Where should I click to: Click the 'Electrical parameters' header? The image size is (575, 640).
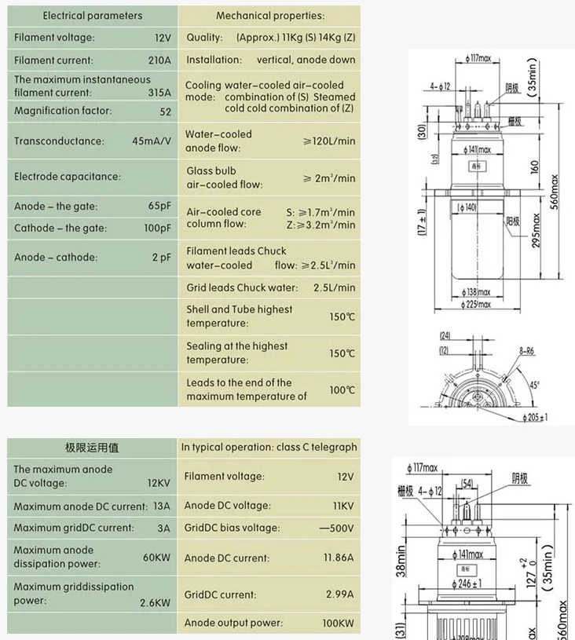click(93, 16)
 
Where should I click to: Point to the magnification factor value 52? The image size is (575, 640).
click(165, 112)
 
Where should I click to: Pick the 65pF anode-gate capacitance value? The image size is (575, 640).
click(159, 207)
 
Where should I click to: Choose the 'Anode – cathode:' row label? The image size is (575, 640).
click(56, 257)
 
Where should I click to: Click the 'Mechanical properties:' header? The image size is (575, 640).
click(269, 16)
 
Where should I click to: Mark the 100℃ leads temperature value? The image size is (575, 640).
click(342, 389)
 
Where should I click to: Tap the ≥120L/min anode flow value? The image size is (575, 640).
click(329, 141)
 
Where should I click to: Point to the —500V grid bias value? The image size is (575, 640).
click(337, 528)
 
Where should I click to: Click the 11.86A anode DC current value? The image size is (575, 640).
click(336, 558)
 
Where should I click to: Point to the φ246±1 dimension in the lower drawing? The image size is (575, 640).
click(471, 583)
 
